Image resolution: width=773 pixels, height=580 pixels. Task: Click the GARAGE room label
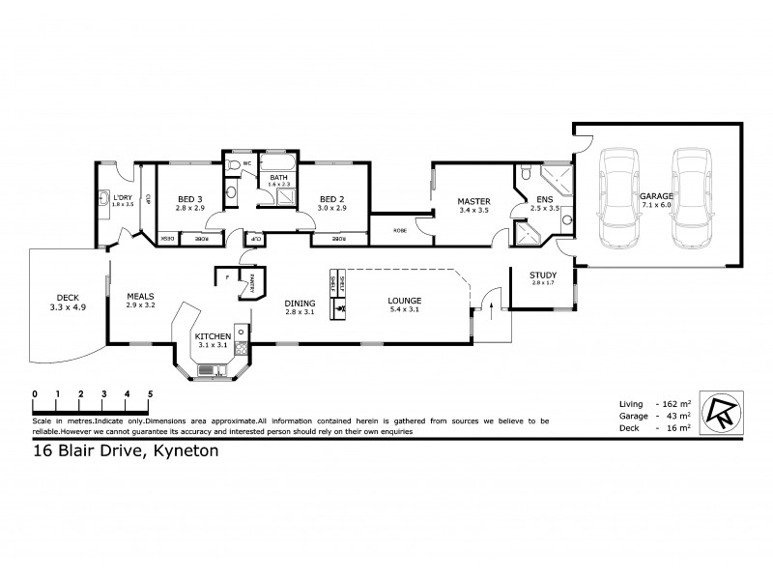pos(656,196)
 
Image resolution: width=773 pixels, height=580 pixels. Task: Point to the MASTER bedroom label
pos(474,201)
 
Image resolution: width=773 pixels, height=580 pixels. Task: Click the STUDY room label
pos(543,276)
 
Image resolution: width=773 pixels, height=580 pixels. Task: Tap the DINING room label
pos(301,300)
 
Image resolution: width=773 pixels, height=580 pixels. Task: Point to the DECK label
pos(67,298)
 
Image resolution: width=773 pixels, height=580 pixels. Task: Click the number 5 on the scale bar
pos(150,394)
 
